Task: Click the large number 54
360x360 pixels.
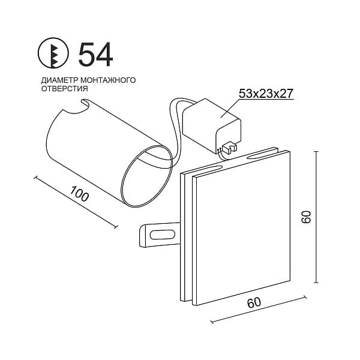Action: point(95,55)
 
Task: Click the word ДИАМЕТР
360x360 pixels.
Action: point(60,80)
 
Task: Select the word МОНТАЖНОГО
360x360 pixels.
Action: point(109,80)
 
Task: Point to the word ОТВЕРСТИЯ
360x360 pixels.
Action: point(65,89)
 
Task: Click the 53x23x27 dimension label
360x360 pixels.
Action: point(266,94)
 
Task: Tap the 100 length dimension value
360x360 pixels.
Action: point(79,194)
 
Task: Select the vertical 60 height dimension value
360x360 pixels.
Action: point(306,217)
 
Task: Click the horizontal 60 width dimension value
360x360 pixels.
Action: point(254,302)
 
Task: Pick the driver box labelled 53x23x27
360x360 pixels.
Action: point(212,127)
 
